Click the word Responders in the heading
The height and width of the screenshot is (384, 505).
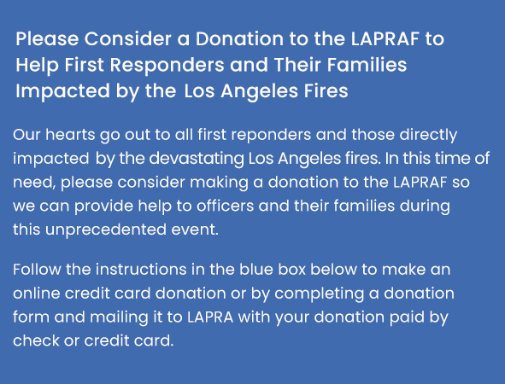coord(167,66)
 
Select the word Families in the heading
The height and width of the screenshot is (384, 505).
coord(367,64)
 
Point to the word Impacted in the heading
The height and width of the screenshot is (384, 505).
coord(62,92)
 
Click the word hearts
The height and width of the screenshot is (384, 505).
coord(70,134)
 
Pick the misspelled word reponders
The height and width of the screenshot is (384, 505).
coord(271,136)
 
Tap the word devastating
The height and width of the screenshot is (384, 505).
coord(197,160)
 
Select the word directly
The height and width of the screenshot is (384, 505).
coord(428,136)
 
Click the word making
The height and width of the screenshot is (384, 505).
coord(219,183)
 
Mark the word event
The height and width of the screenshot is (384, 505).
coord(195,230)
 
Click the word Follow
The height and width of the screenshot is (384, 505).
coord(37,269)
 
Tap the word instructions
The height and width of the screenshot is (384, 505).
coord(141,269)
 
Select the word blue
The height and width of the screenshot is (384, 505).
coord(256,269)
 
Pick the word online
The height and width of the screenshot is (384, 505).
coord(37,293)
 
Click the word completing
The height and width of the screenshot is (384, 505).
coord(320,294)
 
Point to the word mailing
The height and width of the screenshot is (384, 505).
coord(119,318)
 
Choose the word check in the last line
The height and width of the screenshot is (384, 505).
coord(36,340)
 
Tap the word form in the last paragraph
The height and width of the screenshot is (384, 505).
coord(32,317)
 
